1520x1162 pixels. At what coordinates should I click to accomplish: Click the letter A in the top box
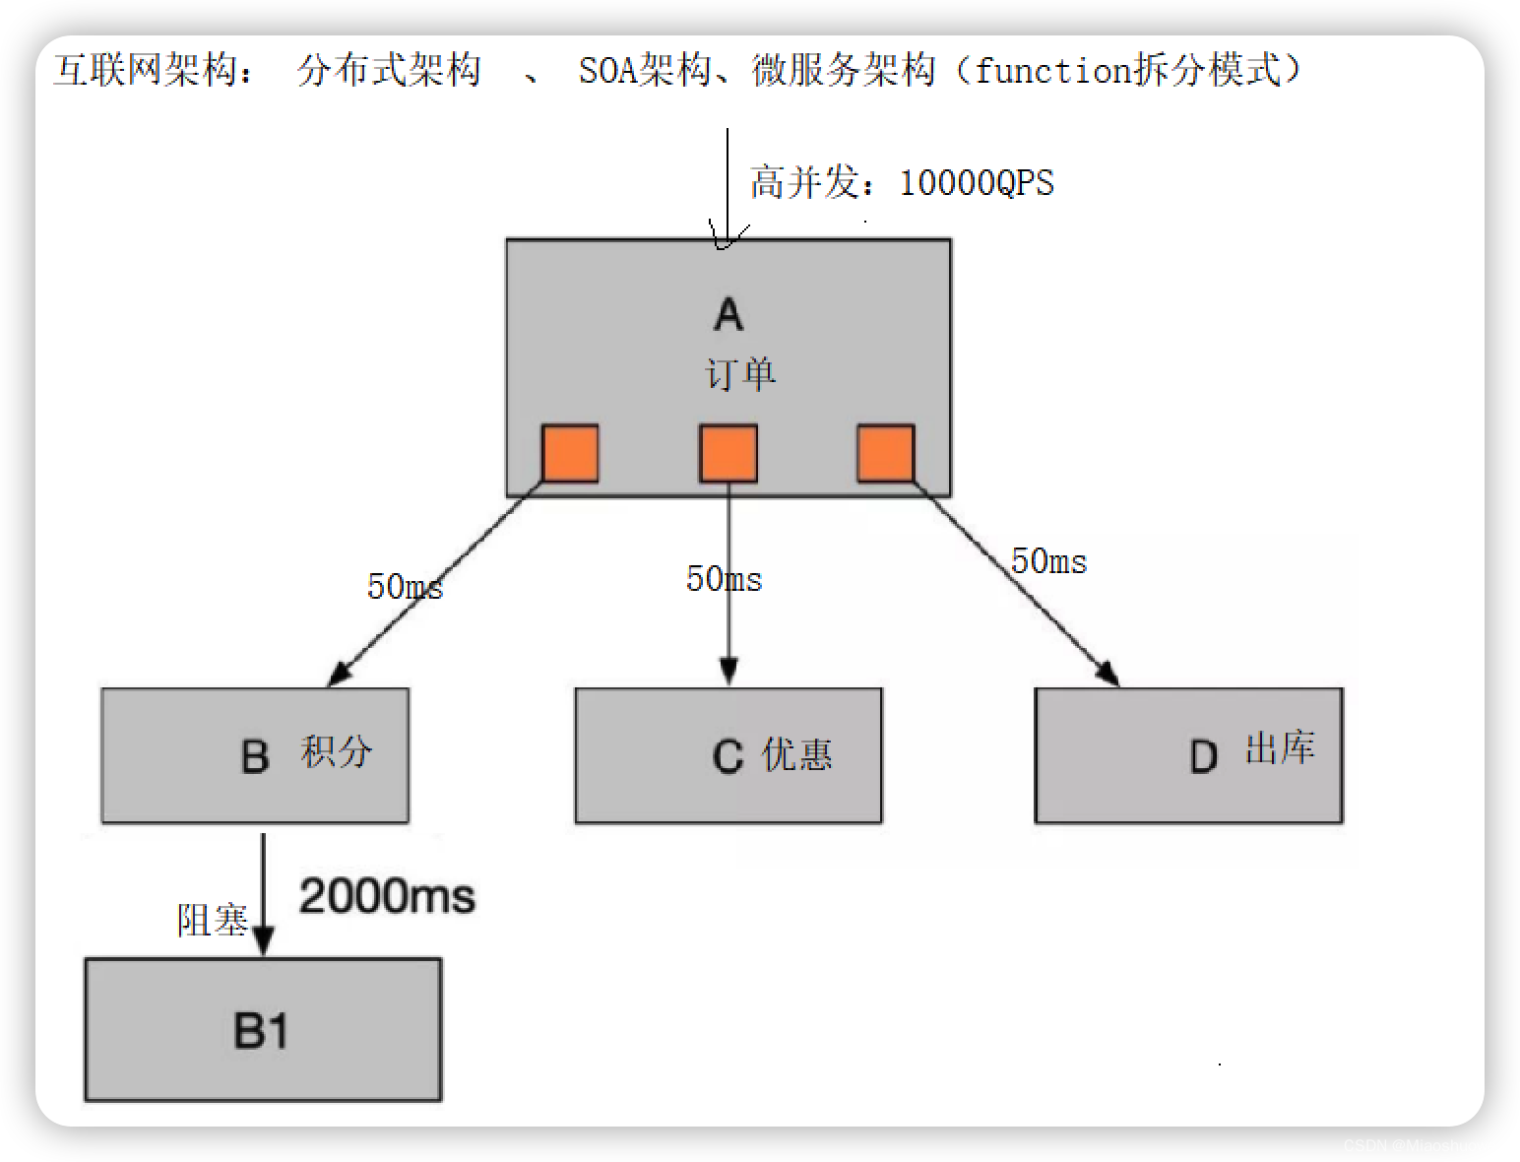click(x=728, y=314)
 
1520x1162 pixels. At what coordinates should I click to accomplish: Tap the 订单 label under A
click(x=740, y=374)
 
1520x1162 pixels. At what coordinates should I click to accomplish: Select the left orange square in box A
click(x=570, y=453)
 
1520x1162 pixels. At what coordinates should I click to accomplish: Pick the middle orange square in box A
click(x=728, y=453)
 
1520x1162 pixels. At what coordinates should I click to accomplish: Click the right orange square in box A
click(x=885, y=453)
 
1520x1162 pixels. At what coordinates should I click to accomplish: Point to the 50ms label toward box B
click(x=405, y=587)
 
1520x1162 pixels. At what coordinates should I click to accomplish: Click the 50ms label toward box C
click(x=724, y=579)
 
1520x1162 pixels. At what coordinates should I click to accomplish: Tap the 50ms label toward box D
click(x=1048, y=561)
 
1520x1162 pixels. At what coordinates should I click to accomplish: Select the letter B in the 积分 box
click(x=255, y=756)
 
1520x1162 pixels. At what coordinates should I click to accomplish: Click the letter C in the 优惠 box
click(x=728, y=756)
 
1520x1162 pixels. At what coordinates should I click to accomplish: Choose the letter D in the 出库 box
click(x=1203, y=757)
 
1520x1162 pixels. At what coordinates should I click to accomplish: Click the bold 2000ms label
click(x=387, y=896)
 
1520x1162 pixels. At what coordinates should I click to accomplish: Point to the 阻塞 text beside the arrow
click(x=212, y=920)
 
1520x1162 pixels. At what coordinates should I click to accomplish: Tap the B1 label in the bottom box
click(x=261, y=1031)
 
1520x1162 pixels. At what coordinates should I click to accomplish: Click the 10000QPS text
click(x=977, y=183)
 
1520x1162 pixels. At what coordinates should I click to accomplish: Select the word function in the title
click(x=1051, y=70)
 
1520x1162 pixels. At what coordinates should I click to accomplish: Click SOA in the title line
click(x=607, y=70)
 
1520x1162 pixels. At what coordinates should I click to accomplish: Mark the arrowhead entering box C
click(x=728, y=673)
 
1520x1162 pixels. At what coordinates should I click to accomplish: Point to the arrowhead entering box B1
click(x=263, y=942)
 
